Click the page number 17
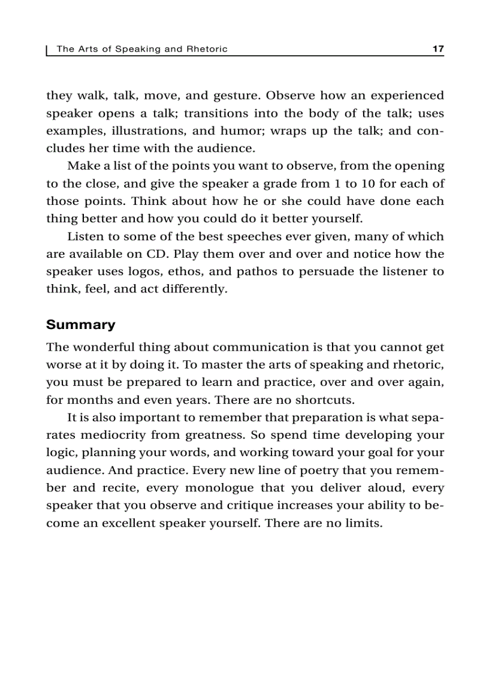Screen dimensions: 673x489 click(x=437, y=49)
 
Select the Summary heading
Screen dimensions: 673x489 click(x=80, y=325)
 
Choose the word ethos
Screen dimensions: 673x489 click(x=185, y=271)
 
